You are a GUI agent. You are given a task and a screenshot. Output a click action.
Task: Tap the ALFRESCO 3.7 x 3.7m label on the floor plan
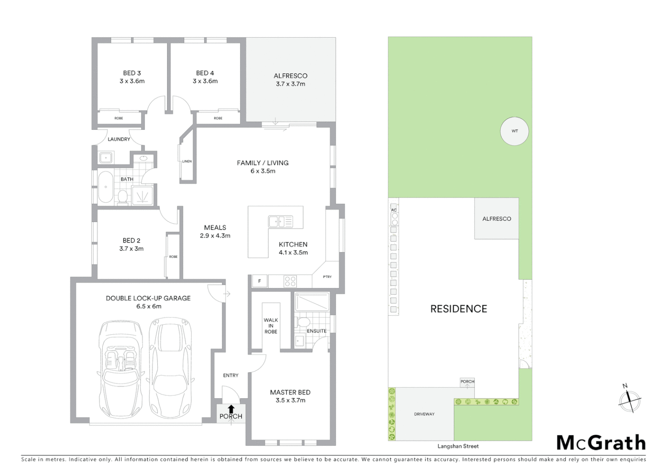pyautogui.click(x=290, y=80)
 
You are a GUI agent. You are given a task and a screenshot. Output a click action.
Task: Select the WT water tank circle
pyautogui.click(x=515, y=131)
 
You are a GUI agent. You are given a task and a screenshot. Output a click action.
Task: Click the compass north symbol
pyautogui.click(x=630, y=398)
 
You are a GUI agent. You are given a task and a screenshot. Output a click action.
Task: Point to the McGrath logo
pyautogui.click(x=601, y=443)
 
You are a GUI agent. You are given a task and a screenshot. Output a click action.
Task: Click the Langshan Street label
pyautogui.click(x=458, y=446)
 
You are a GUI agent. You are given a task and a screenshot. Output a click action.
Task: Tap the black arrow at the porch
pyautogui.click(x=231, y=409)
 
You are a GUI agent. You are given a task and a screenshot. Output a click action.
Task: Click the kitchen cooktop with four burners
pyautogui.click(x=290, y=281)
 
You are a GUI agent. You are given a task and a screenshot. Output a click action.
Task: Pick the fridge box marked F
pyautogui.click(x=260, y=281)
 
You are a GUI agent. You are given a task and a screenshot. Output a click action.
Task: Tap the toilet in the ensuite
pyautogui.click(x=302, y=323)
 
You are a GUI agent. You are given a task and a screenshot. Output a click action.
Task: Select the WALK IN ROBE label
pyautogui.click(x=271, y=326)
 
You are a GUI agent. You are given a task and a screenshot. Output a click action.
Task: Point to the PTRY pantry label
pyautogui.click(x=327, y=277)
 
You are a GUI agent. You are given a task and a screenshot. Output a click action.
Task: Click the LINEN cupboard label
pyautogui.click(x=187, y=161)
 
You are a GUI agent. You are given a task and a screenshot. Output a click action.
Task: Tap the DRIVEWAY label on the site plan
pyautogui.click(x=424, y=414)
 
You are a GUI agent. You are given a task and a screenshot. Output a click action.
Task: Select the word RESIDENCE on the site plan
pyautogui.click(x=459, y=309)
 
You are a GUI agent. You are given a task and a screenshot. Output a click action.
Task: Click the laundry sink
pyautogui.click(x=105, y=158)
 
